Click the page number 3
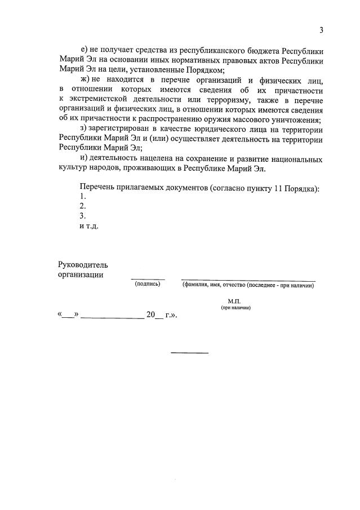tap(321, 30)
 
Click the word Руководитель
tap(83, 264)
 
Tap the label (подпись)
tap(148, 285)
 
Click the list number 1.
tap(83, 196)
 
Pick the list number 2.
tap(83, 206)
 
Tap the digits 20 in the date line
tap(150, 315)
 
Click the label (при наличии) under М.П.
tap(235, 308)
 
